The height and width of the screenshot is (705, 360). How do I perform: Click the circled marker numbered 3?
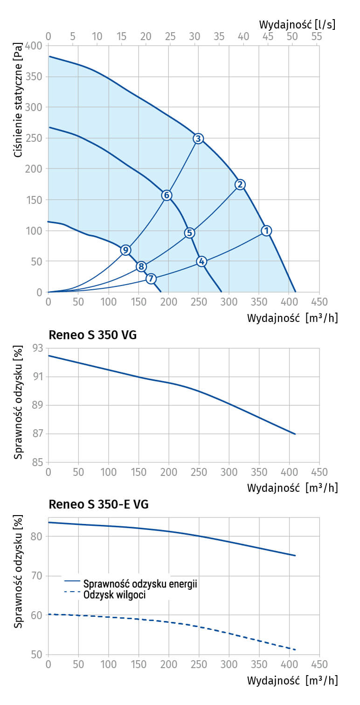[x=198, y=139]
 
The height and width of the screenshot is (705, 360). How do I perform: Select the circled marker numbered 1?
[x=266, y=230]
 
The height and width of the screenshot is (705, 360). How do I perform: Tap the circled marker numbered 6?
[x=166, y=195]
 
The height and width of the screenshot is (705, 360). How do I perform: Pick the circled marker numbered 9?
[x=125, y=250]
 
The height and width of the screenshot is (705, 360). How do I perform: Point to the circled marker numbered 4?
[x=201, y=261]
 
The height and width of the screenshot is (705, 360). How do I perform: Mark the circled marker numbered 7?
[x=151, y=279]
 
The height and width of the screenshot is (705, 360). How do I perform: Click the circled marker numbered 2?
[x=240, y=184]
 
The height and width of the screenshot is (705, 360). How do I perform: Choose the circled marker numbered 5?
[x=189, y=233]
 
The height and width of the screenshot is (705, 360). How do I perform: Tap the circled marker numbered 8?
[x=141, y=266]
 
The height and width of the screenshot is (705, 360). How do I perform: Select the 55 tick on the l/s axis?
[x=316, y=36]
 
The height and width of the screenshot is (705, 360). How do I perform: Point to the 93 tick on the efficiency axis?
[x=37, y=348]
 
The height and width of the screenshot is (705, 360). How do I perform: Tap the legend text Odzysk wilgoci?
[x=115, y=594]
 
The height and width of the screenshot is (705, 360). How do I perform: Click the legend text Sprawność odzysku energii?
[x=140, y=583]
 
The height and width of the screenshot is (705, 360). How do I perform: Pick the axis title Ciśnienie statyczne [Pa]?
[x=18, y=103]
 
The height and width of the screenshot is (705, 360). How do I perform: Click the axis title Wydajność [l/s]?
[x=297, y=23]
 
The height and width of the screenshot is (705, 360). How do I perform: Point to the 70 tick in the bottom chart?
[x=37, y=576]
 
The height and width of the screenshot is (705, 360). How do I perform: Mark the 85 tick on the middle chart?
[x=37, y=462]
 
